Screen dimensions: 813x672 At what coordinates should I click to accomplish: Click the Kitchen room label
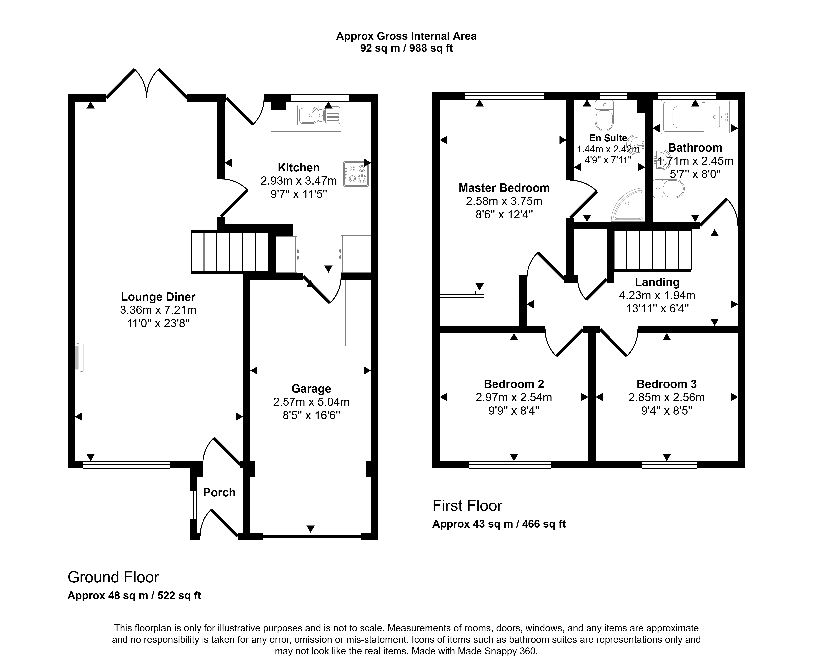point(298,168)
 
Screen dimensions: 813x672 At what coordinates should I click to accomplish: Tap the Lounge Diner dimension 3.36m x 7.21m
point(158,310)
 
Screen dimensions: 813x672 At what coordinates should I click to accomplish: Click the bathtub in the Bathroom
point(695,117)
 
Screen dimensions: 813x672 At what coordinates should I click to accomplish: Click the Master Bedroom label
point(504,188)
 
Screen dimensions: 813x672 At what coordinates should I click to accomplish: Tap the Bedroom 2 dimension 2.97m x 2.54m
point(514,397)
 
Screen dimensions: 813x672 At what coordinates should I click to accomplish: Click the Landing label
point(657,282)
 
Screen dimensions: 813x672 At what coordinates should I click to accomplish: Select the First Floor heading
point(467,506)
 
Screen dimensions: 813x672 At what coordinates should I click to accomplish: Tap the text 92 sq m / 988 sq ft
point(406,48)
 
